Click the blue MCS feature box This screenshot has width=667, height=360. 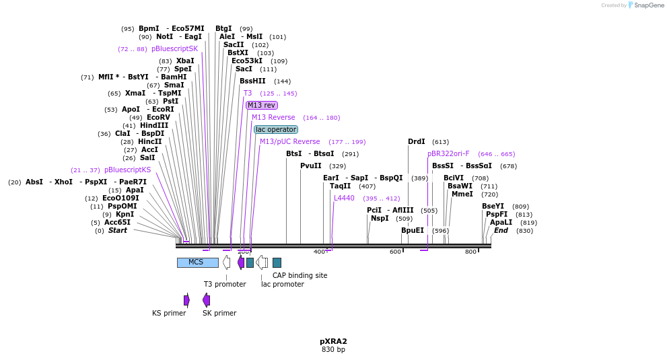click(197, 262)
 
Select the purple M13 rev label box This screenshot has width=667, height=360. click(261, 105)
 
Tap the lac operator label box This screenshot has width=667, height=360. click(276, 129)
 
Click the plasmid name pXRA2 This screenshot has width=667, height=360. click(333, 341)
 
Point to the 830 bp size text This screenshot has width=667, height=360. click(333, 350)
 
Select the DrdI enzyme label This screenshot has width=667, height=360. click(417, 141)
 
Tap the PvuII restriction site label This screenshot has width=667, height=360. click(311, 166)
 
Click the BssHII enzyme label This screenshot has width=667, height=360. click(252, 81)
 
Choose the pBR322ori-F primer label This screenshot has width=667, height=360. click(448, 153)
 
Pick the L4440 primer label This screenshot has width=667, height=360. click(344, 198)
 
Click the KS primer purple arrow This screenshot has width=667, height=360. click(186, 300)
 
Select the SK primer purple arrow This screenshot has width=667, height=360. click(206, 300)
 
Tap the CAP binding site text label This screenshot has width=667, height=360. click(300, 275)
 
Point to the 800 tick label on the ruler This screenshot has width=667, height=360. click(470, 252)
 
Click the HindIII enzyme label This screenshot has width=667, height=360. click(154, 125)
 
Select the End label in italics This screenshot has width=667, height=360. click(501, 230)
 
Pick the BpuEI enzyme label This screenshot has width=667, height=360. click(413, 230)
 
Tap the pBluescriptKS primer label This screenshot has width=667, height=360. click(127, 170)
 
